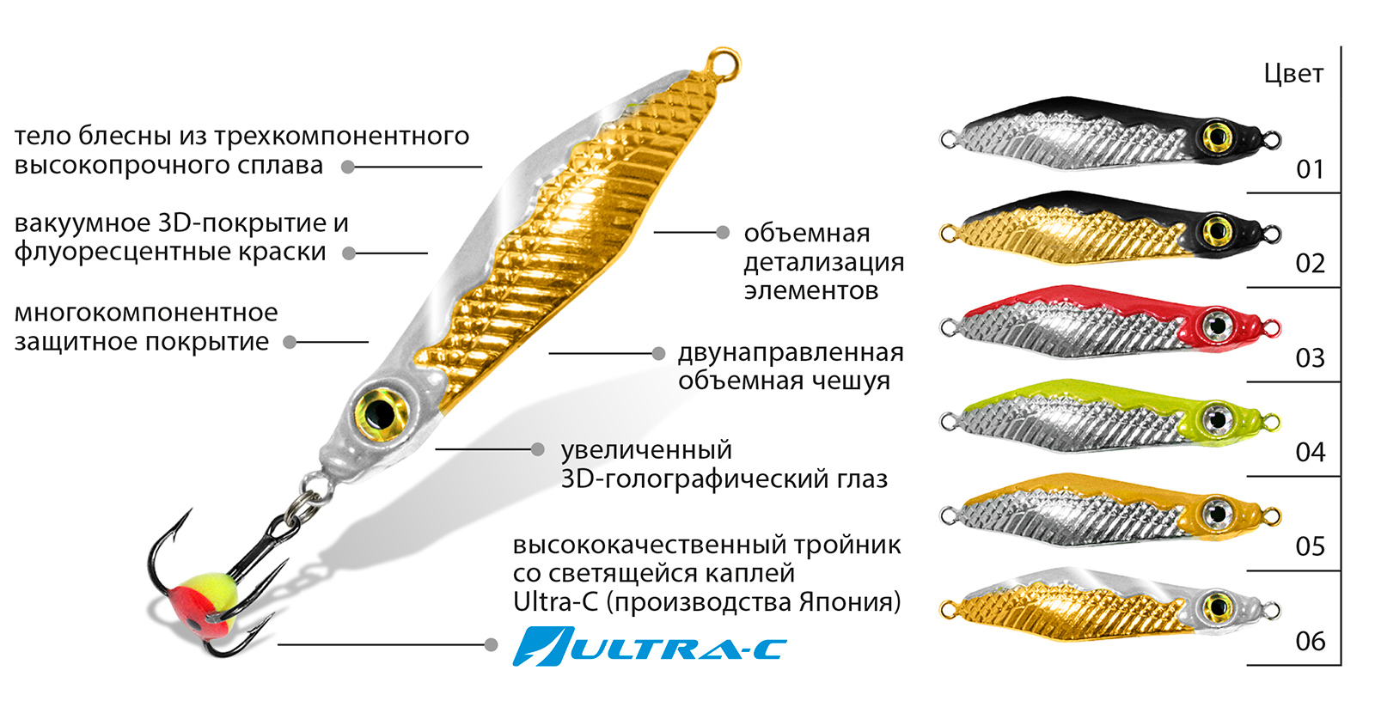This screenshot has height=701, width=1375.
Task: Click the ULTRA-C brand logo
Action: [650, 647]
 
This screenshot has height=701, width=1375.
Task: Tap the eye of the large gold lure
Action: [382, 414]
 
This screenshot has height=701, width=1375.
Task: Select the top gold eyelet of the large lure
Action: [724, 64]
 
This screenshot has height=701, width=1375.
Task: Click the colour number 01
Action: [1310, 168]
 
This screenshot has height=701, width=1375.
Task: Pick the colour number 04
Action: [1310, 453]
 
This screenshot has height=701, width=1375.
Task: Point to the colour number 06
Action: [1310, 642]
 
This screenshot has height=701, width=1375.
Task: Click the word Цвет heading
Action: [1293, 74]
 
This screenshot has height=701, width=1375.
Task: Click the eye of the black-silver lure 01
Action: [1217, 136]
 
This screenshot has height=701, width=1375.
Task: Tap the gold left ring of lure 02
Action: [949, 234]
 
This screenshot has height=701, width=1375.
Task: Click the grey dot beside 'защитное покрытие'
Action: [290, 343]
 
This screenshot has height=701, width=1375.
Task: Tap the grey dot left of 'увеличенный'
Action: [538, 450]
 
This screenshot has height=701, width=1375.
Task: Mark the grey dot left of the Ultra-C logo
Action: [491, 644]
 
